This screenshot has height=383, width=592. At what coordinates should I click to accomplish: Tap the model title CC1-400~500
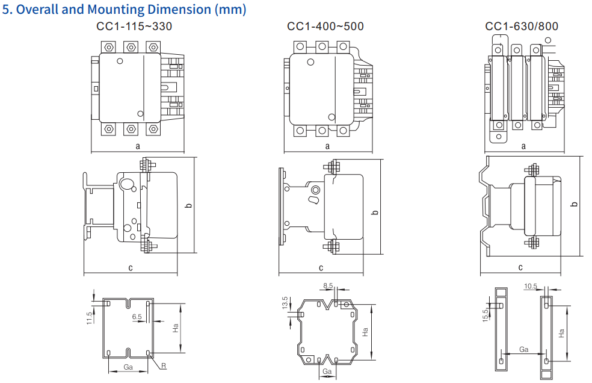click(325, 26)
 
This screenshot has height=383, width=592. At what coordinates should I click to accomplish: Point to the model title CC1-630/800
click(522, 26)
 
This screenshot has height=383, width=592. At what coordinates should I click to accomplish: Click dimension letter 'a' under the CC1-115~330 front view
click(138, 146)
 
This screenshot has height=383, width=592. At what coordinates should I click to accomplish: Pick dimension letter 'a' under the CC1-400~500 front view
click(327, 146)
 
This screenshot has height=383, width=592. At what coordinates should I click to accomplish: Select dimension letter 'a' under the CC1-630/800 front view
click(523, 146)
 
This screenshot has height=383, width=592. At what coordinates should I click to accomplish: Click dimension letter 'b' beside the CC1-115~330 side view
click(188, 206)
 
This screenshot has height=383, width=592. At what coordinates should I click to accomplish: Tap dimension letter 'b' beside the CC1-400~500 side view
click(375, 212)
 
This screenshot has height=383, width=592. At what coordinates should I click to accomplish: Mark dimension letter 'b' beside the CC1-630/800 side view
click(574, 204)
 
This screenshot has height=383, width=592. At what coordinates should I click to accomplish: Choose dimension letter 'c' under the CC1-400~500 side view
click(321, 267)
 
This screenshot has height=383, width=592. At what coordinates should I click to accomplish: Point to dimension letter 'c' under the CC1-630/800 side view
click(520, 267)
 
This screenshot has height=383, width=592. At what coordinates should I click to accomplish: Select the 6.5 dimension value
click(137, 316)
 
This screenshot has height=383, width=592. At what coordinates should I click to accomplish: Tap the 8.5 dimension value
click(328, 285)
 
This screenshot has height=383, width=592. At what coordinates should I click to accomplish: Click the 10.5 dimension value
click(530, 287)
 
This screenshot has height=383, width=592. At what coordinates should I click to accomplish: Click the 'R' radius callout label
click(164, 366)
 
